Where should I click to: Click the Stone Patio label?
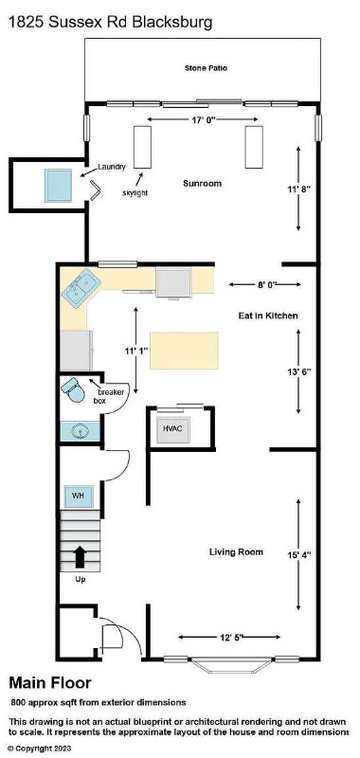[x=206, y=68]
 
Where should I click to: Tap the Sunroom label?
[x=203, y=183]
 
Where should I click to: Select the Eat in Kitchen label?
[x=268, y=316]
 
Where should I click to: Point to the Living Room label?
[x=236, y=551]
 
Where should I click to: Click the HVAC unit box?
[x=173, y=429]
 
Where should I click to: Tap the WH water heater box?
[x=79, y=496]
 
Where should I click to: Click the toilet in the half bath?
[x=73, y=389]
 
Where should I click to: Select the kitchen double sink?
[x=81, y=288]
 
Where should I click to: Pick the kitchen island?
[x=184, y=351]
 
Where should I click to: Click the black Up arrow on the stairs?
[x=79, y=557]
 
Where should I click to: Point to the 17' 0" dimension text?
[x=203, y=119]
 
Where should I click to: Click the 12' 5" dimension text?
[x=229, y=637]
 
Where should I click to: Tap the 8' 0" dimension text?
[x=265, y=285]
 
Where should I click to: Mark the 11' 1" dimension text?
[x=135, y=350]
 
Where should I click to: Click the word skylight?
[x=135, y=193]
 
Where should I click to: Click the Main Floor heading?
[x=50, y=683]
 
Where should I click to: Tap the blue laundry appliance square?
[x=59, y=185]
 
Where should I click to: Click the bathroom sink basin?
[x=80, y=431]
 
